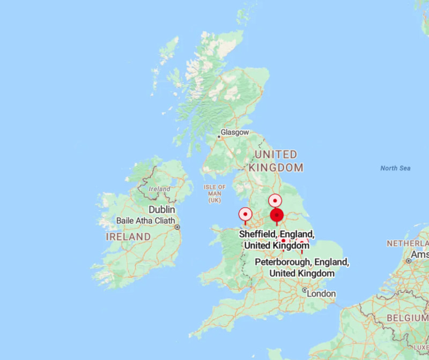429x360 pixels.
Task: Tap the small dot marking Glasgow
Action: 219,137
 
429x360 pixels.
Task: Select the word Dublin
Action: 162,209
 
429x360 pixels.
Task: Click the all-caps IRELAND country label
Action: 128,237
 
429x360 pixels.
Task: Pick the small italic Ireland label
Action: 160,189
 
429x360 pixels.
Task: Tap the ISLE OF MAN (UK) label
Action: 215,193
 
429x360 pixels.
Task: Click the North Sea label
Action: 395,168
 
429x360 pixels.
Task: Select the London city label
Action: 322,293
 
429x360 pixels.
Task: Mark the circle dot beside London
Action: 305,290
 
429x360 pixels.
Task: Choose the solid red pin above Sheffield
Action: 276,216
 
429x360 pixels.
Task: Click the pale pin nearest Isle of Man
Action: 246,215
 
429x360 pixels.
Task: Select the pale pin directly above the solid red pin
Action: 275,201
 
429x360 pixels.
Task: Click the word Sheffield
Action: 257,234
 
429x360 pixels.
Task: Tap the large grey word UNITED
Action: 276,155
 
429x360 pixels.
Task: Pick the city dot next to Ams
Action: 409,261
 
